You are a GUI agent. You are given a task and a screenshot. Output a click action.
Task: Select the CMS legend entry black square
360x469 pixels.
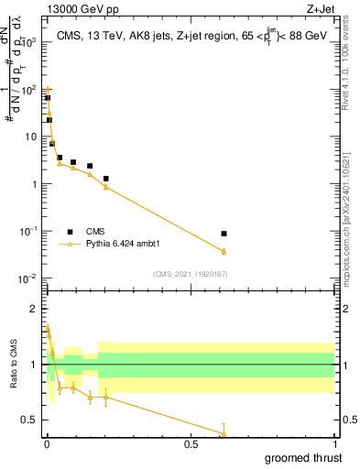click(x=70, y=232)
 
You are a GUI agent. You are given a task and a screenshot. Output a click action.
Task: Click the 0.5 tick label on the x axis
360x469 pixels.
click(x=191, y=444)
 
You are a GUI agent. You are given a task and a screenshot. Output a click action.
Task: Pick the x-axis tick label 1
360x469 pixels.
click(x=334, y=444)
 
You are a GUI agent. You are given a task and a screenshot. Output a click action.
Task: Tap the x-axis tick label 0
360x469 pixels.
click(x=47, y=444)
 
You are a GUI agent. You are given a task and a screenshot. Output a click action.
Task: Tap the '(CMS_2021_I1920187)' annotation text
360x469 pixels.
click(x=190, y=274)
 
